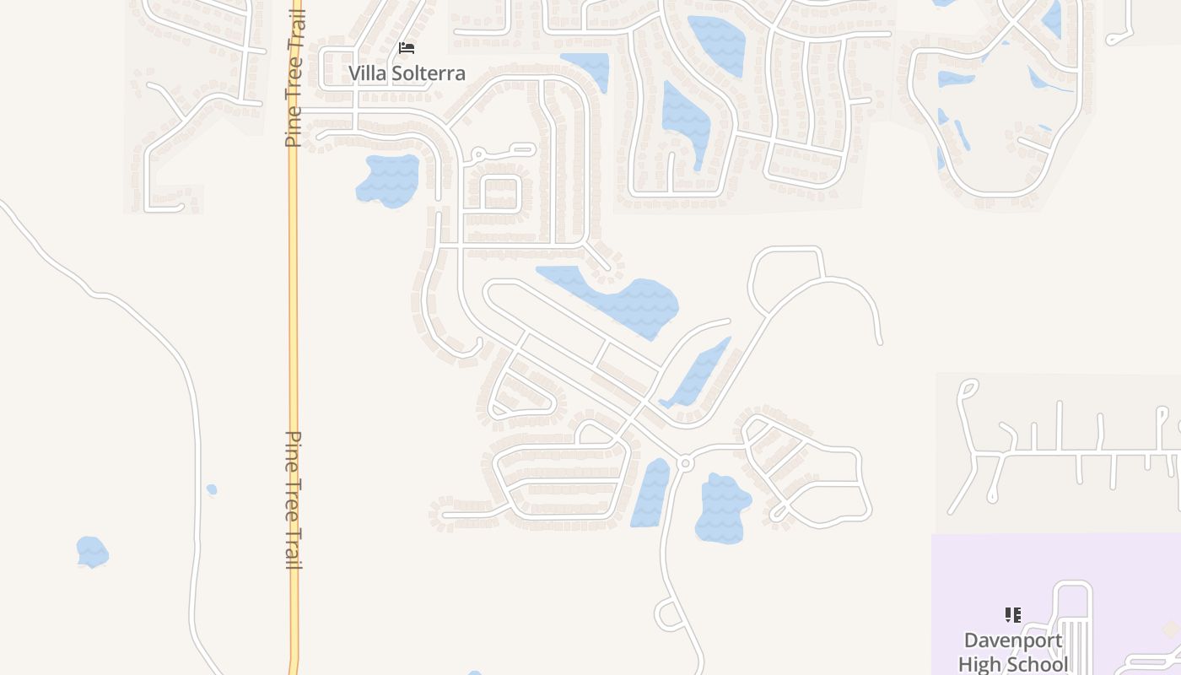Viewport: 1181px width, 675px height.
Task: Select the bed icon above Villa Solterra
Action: (407, 48)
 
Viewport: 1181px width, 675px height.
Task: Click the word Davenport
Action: (1013, 641)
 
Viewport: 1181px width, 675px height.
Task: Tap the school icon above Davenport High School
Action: (1013, 615)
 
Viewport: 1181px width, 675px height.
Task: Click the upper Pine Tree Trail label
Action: (294, 80)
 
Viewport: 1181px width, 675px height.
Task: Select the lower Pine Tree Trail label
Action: (294, 499)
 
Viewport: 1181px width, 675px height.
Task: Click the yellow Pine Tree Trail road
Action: (294, 337)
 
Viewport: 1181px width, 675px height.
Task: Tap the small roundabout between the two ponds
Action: (685, 463)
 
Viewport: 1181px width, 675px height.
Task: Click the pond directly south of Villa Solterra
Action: (389, 179)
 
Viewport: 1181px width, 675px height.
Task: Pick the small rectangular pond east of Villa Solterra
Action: (587, 67)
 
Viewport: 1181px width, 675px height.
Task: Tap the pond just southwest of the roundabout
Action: (650, 494)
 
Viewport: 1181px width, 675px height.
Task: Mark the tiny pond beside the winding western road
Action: (212, 489)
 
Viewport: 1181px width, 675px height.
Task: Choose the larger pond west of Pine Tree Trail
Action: (92, 552)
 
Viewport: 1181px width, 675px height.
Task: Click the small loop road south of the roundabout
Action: (668, 613)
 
